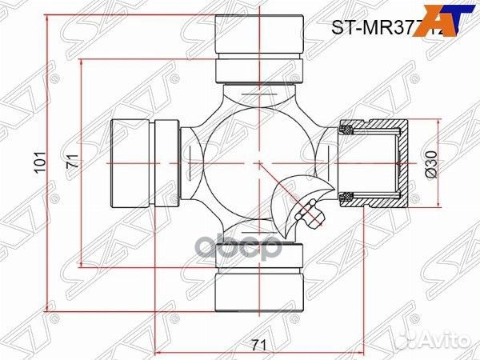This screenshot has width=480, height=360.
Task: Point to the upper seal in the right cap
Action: tap(348, 129)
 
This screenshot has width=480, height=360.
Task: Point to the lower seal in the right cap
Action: tap(348, 197)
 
